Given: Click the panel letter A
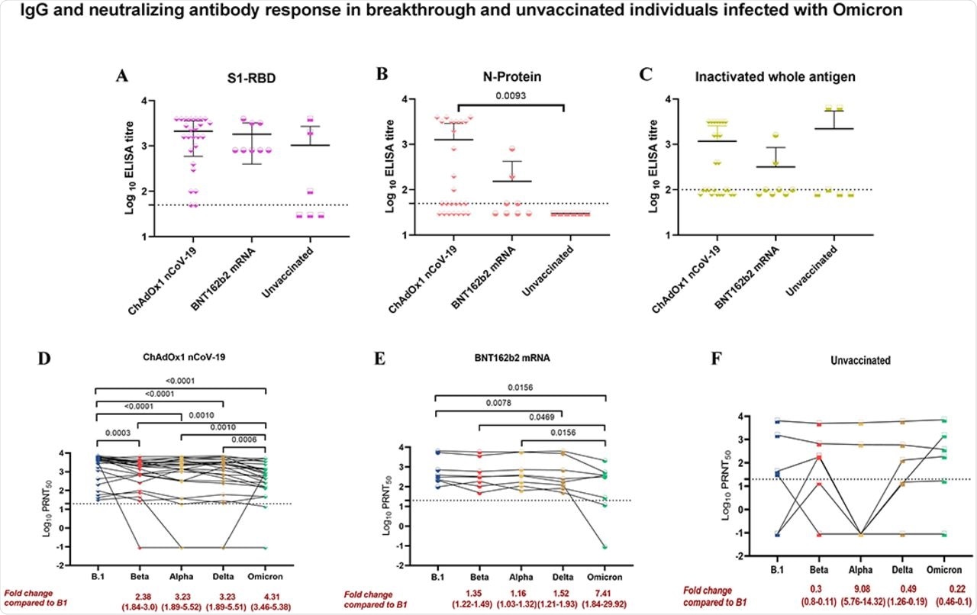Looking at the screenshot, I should pos(121,75).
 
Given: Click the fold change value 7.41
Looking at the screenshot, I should pos(605,591).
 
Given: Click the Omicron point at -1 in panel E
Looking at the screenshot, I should pos(605,546).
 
